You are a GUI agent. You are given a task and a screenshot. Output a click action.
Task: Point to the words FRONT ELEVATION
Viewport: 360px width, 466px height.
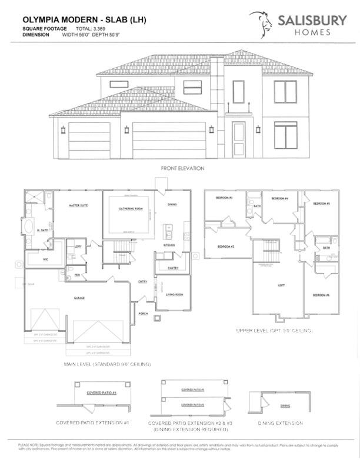click(183, 168)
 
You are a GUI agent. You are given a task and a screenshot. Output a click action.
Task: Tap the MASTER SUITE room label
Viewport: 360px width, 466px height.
click(78, 206)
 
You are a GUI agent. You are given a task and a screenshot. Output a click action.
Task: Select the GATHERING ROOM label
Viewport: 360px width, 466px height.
click(131, 209)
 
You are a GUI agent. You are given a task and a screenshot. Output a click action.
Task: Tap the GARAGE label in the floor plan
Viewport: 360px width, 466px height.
click(79, 298)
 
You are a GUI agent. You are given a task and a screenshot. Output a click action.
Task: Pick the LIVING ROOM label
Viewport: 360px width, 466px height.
click(175, 294)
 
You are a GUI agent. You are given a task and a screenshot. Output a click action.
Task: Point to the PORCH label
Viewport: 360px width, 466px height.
click(143, 314)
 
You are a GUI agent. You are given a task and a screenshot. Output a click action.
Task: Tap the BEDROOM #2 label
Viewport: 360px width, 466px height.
click(226, 246)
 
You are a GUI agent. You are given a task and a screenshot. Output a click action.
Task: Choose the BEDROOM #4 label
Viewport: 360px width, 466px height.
click(279, 199)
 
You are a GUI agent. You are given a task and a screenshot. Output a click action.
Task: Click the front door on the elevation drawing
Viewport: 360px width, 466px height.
click(238, 139)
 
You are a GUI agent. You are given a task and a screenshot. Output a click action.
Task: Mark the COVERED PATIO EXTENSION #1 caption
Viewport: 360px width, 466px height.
click(93, 423)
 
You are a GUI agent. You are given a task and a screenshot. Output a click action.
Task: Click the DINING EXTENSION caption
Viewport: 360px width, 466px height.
click(280, 423)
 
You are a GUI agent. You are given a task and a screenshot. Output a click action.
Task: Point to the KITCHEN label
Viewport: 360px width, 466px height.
click(169, 245)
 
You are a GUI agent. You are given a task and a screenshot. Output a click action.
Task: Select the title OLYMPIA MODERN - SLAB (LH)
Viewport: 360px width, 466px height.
click(76, 19)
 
